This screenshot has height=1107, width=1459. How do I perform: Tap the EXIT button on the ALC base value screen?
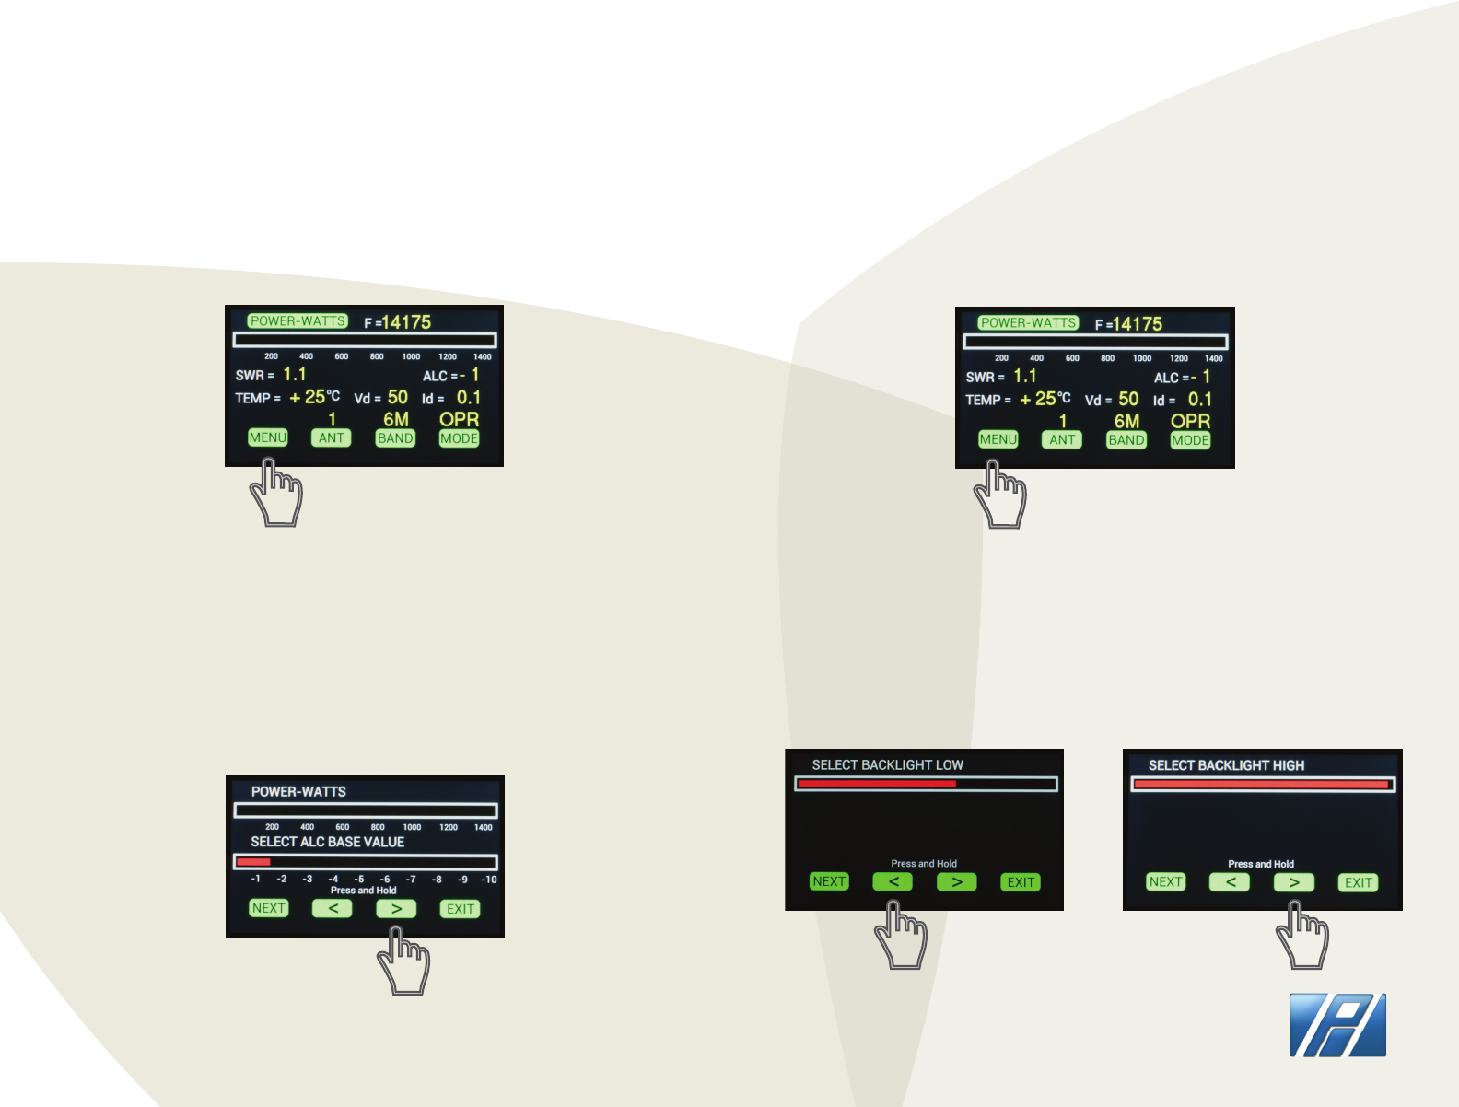[x=461, y=909]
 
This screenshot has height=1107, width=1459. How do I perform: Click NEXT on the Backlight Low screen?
[x=829, y=881]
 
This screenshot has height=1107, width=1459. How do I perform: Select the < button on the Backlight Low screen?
[x=893, y=881]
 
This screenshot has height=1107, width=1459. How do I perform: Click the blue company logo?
[x=1337, y=1025]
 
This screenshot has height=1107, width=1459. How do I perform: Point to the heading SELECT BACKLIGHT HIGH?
[x=1226, y=765]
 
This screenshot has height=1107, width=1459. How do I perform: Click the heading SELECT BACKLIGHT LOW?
[x=887, y=765]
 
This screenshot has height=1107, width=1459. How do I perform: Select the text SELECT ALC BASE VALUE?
[x=327, y=842]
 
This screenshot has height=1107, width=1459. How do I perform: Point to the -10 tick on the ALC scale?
[x=489, y=880]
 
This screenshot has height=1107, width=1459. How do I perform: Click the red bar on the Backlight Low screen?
[x=876, y=784]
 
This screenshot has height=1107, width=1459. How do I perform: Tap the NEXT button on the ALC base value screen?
[x=269, y=908]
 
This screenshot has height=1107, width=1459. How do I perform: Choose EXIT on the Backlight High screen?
[x=1359, y=882]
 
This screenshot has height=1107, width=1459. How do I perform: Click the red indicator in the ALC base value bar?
[x=253, y=862]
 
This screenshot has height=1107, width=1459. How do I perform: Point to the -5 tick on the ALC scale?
[x=359, y=880]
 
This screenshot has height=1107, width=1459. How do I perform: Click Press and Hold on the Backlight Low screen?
[x=924, y=864]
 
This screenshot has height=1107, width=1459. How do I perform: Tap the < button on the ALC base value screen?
[x=333, y=908]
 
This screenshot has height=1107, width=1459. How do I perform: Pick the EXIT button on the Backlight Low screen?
[x=1021, y=882]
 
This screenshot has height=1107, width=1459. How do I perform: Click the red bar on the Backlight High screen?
[x=1261, y=785]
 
